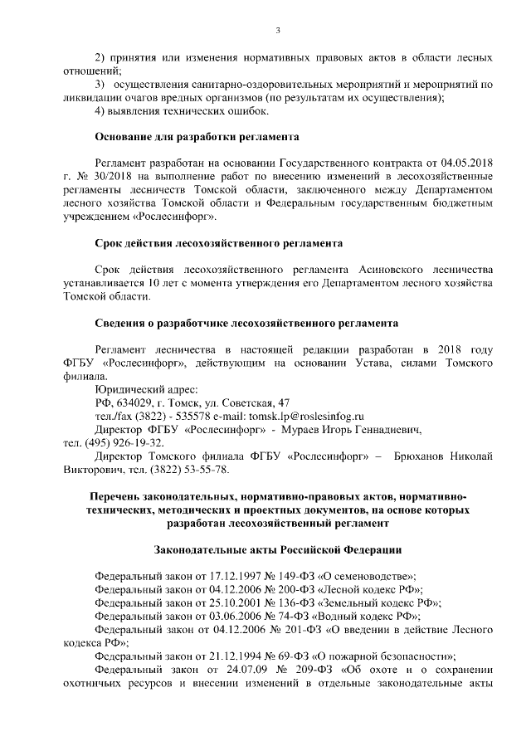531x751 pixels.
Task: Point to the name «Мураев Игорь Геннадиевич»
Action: coord(359,430)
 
